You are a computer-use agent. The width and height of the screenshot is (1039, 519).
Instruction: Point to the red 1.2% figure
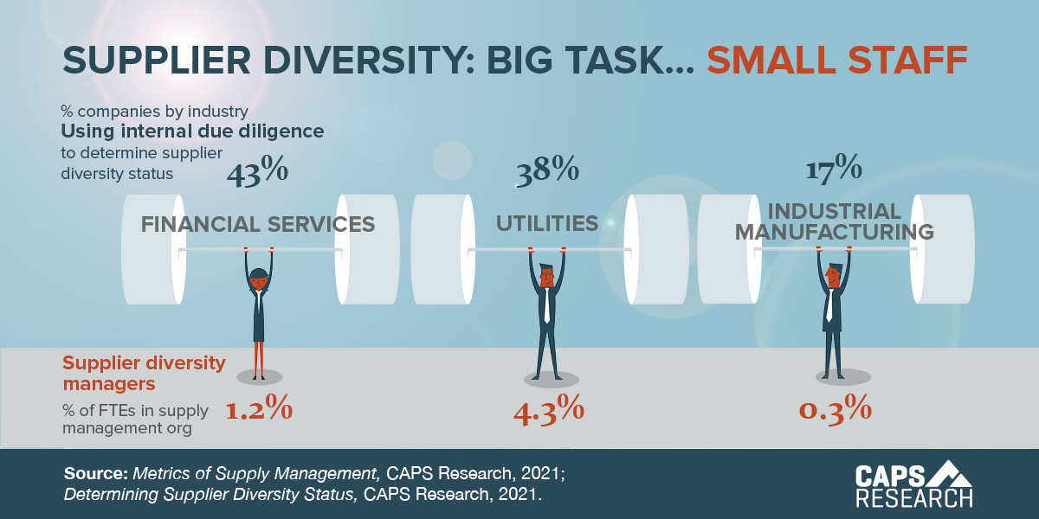(259, 409)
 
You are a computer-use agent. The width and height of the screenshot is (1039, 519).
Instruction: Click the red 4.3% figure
(548, 409)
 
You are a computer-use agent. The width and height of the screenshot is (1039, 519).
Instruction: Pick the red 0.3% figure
(834, 409)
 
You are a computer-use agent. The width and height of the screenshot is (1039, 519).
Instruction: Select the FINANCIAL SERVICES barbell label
(258, 225)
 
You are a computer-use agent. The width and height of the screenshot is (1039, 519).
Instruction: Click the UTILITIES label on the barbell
(547, 224)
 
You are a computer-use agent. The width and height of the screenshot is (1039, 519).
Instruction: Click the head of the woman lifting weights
(258, 279)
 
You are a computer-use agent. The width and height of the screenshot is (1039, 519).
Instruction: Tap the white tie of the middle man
(547, 304)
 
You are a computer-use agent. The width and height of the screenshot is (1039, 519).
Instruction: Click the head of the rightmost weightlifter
(832, 275)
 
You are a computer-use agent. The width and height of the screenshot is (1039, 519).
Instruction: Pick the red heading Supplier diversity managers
(144, 372)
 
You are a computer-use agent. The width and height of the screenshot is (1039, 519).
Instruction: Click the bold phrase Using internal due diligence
(192, 131)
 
